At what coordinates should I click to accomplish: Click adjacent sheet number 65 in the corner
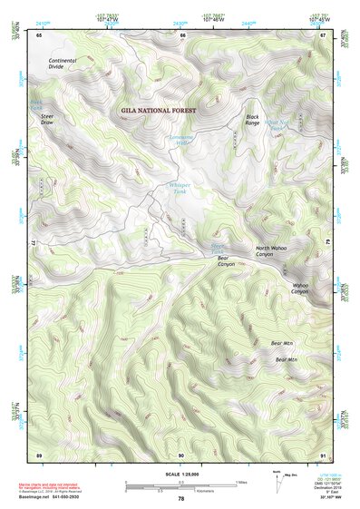pos(39,35)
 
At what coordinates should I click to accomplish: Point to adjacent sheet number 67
pos(323,35)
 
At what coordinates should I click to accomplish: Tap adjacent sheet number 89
pos(39,454)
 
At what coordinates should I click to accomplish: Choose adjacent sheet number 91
pos(323,454)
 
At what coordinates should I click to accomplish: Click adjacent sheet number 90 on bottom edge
pos(180,454)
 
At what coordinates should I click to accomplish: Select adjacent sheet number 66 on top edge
pos(182,35)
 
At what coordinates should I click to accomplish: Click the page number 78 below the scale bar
pos(180,499)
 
